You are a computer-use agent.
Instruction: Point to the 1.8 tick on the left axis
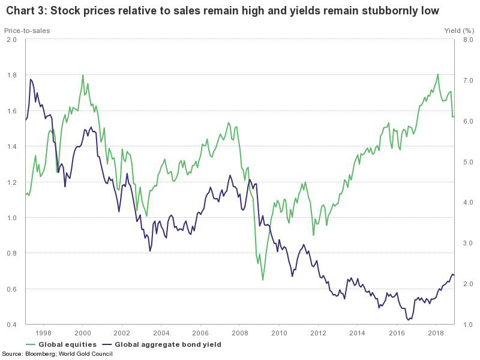13,76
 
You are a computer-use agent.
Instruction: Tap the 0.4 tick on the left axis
13,325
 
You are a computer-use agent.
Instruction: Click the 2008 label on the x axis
239,332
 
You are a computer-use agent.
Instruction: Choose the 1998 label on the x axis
43,332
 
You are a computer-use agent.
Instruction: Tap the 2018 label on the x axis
436,332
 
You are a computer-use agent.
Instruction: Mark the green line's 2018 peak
438,74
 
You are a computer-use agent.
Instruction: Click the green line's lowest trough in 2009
263,280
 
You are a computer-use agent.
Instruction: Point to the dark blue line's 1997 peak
31,79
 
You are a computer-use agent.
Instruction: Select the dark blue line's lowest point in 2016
409,320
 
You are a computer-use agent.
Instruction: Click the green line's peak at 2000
83,75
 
